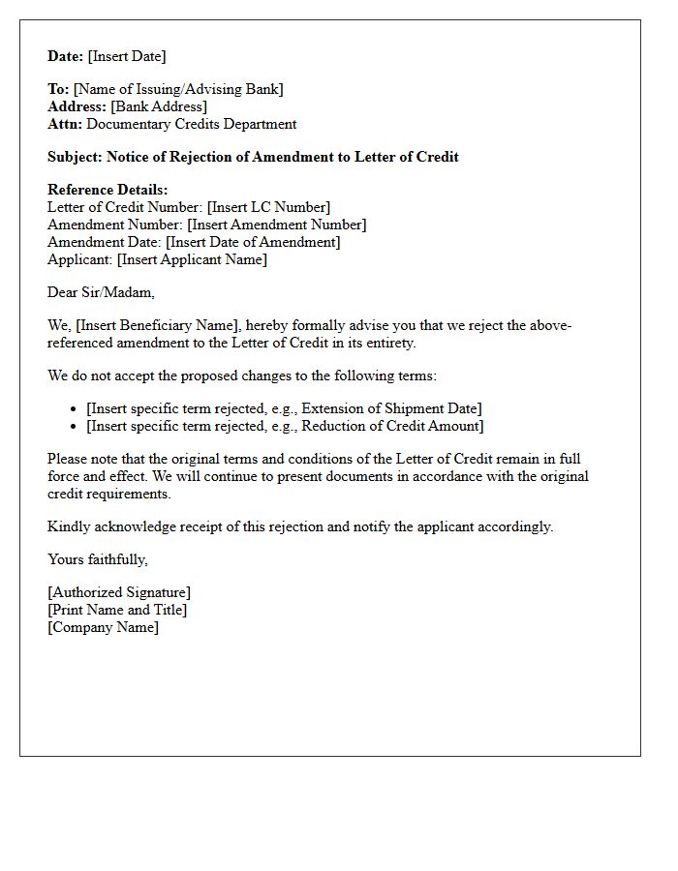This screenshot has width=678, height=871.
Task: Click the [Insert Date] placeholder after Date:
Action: tap(127, 56)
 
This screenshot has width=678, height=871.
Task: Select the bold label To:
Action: tap(58, 89)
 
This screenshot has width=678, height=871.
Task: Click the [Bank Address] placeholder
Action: tap(159, 106)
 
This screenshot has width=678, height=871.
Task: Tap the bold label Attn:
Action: tap(65, 124)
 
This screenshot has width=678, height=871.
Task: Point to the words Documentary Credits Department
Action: tap(193, 124)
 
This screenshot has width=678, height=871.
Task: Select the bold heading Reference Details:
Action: tap(108, 190)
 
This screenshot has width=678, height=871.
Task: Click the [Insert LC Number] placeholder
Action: tap(268, 207)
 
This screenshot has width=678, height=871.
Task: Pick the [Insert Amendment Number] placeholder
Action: tap(276, 225)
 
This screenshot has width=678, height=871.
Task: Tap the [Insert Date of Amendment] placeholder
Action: tap(253, 242)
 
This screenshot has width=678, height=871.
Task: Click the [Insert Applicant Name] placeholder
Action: tap(192, 259)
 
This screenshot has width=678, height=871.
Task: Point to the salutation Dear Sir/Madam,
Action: tap(101, 292)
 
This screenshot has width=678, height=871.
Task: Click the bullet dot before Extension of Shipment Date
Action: tap(75, 409)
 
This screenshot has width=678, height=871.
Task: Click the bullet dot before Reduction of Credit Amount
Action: tap(75, 427)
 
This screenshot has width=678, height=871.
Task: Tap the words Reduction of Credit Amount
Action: tap(393, 426)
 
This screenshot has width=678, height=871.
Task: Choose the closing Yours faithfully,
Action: tap(98, 559)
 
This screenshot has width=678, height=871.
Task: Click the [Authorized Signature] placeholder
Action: tap(119, 592)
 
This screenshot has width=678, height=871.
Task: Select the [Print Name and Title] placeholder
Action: tap(117, 610)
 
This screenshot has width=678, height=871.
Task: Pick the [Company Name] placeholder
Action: tap(103, 627)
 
